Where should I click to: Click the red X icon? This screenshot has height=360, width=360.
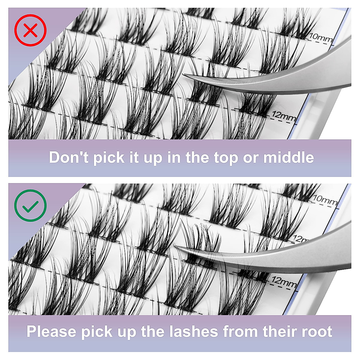(30, 30)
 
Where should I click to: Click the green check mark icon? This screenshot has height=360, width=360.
(30, 205)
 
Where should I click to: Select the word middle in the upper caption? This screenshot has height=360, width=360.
(289, 157)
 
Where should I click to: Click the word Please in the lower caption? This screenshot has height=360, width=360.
(51, 332)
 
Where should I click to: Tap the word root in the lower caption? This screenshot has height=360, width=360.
(317, 332)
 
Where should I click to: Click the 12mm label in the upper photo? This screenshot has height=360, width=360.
(283, 116)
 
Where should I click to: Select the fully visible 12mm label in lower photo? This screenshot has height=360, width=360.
(283, 282)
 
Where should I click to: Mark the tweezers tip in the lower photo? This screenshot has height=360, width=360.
(177, 247)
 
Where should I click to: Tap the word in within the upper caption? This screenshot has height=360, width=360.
(174, 157)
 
